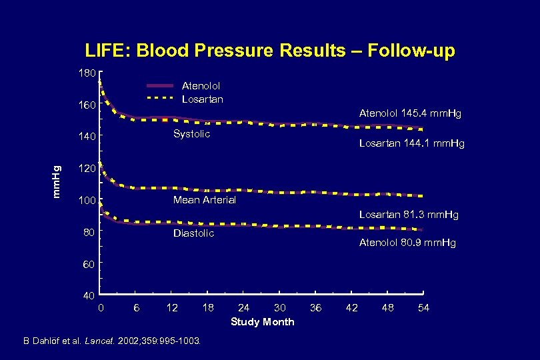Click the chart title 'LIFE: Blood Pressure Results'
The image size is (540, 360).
pyautogui.click(x=269, y=51)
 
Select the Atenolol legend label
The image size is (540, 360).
pyautogui.click(x=201, y=85)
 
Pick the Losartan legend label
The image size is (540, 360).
pyautogui.click(x=202, y=99)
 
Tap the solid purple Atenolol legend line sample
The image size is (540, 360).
pyautogui.click(x=160, y=86)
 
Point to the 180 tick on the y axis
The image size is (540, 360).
pyautogui.click(x=89, y=72)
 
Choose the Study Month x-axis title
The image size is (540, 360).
pyautogui.click(x=262, y=322)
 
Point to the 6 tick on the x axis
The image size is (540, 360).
pyautogui.click(x=137, y=307)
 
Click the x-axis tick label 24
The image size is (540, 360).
pyautogui.click(x=244, y=307)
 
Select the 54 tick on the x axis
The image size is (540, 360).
pyautogui.click(x=423, y=307)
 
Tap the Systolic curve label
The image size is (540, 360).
pyautogui.click(x=191, y=134)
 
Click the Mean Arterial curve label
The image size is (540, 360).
pyautogui.click(x=204, y=200)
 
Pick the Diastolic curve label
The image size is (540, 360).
pyautogui.click(x=193, y=233)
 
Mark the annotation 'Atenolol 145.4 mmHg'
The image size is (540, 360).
pyautogui.click(x=409, y=113)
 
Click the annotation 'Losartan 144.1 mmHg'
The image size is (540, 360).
pyautogui.click(x=411, y=143)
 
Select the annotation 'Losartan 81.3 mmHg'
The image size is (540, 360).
pyautogui.click(x=409, y=215)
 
